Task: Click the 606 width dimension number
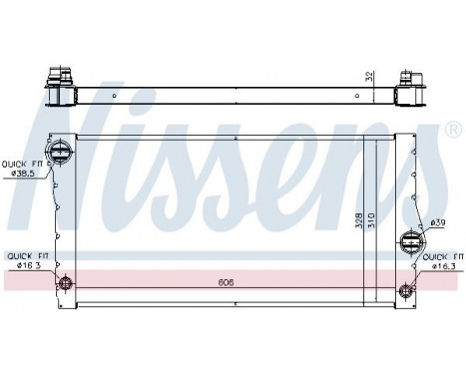[228, 282]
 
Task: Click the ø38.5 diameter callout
[23, 174]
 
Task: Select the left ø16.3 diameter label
[24, 266]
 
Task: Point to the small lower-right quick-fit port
[405, 290]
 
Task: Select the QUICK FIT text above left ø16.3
[24, 256]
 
